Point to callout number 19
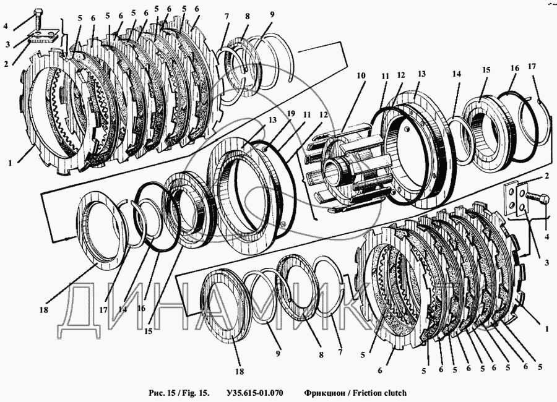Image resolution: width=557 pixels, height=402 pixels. (x=291, y=114)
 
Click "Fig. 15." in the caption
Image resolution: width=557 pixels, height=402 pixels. (x=195, y=393)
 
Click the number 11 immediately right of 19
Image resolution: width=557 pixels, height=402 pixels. (x=307, y=115)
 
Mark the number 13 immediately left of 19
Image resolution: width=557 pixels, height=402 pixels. (x=272, y=120)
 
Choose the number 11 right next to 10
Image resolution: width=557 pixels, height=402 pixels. (x=386, y=76)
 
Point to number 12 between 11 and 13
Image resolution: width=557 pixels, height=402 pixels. (x=400, y=75)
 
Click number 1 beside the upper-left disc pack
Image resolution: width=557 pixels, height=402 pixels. (x=11, y=163)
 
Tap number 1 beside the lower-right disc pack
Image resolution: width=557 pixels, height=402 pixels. (x=547, y=329)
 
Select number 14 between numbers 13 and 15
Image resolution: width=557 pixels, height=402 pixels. (x=457, y=74)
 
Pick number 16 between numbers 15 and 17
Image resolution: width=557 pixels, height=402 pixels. (x=515, y=68)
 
